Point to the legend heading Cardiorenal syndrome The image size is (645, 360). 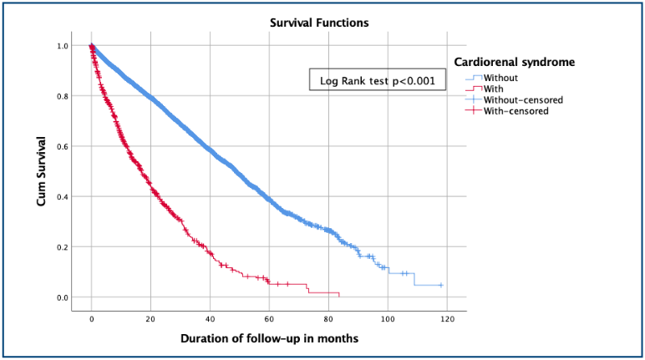click(514, 62)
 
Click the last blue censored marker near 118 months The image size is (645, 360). click(440, 286)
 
